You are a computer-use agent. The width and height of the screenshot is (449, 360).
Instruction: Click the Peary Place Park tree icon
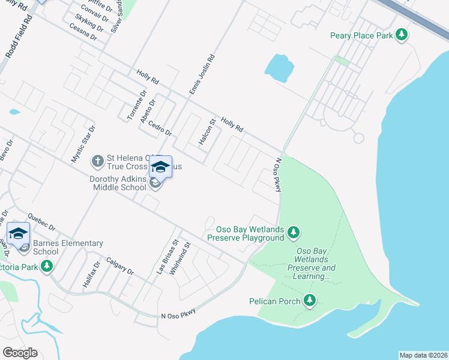pos(402,35)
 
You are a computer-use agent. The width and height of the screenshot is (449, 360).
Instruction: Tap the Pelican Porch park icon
pos(310,300)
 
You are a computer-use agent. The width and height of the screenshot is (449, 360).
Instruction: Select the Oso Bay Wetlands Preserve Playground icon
pos(293,232)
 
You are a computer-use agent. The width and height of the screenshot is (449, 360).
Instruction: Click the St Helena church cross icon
pos(98,161)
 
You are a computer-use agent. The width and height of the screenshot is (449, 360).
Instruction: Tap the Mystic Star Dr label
pos(83,144)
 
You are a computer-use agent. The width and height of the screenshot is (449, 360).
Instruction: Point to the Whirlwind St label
pos(179,259)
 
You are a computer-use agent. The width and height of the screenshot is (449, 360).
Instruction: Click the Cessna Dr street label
pos(83,31)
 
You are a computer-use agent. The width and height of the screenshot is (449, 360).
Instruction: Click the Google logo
pos(20,353)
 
